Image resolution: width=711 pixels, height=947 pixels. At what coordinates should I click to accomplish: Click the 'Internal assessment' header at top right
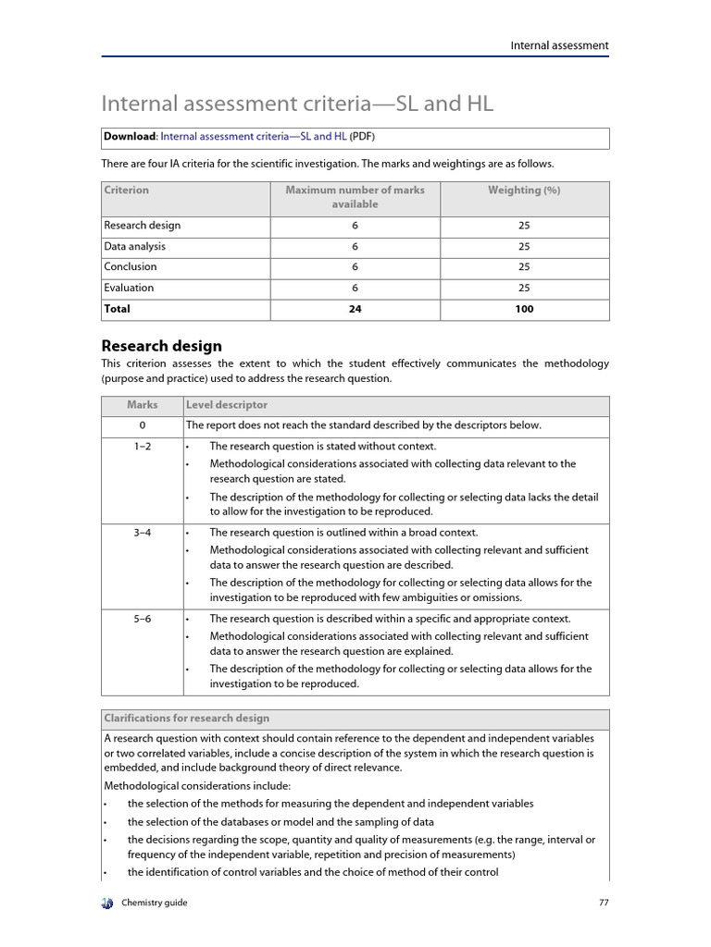tap(559, 45)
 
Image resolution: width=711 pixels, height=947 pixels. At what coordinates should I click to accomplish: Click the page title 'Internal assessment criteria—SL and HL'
tap(297, 104)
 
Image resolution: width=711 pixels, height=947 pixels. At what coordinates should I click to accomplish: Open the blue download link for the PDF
tap(254, 136)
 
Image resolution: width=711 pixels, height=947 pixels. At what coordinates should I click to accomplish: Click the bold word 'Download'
tap(130, 136)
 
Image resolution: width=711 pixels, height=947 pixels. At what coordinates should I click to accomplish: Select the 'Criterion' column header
tap(127, 191)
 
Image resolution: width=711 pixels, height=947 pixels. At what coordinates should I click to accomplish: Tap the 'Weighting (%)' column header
tap(524, 191)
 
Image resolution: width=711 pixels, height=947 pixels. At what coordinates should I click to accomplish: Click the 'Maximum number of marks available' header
tap(355, 197)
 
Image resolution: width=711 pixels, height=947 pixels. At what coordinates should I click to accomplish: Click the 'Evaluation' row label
tap(129, 288)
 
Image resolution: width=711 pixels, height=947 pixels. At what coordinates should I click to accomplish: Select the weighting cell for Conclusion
tap(524, 267)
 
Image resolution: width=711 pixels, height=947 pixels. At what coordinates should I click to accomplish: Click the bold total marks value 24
tap(355, 309)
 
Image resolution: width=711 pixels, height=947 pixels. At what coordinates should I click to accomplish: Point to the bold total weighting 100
tap(524, 309)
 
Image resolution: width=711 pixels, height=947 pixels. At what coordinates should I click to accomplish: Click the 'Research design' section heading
tap(161, 346)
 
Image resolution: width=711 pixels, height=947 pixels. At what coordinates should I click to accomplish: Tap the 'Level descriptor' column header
tap(227, 405)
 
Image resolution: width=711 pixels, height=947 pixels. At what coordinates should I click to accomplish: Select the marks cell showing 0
tap(143, 425)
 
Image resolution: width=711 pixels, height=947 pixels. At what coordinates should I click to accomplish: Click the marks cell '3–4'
tap(143, 533)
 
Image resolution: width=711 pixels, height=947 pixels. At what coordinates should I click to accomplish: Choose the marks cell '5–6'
tap(143, 619)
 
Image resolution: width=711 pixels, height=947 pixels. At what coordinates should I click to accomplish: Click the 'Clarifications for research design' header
tap(187, 719)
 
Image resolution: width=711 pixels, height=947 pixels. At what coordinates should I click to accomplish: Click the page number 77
tap(604, 903)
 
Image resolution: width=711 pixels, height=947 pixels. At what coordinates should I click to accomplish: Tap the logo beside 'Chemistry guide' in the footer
tap(107, 903)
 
